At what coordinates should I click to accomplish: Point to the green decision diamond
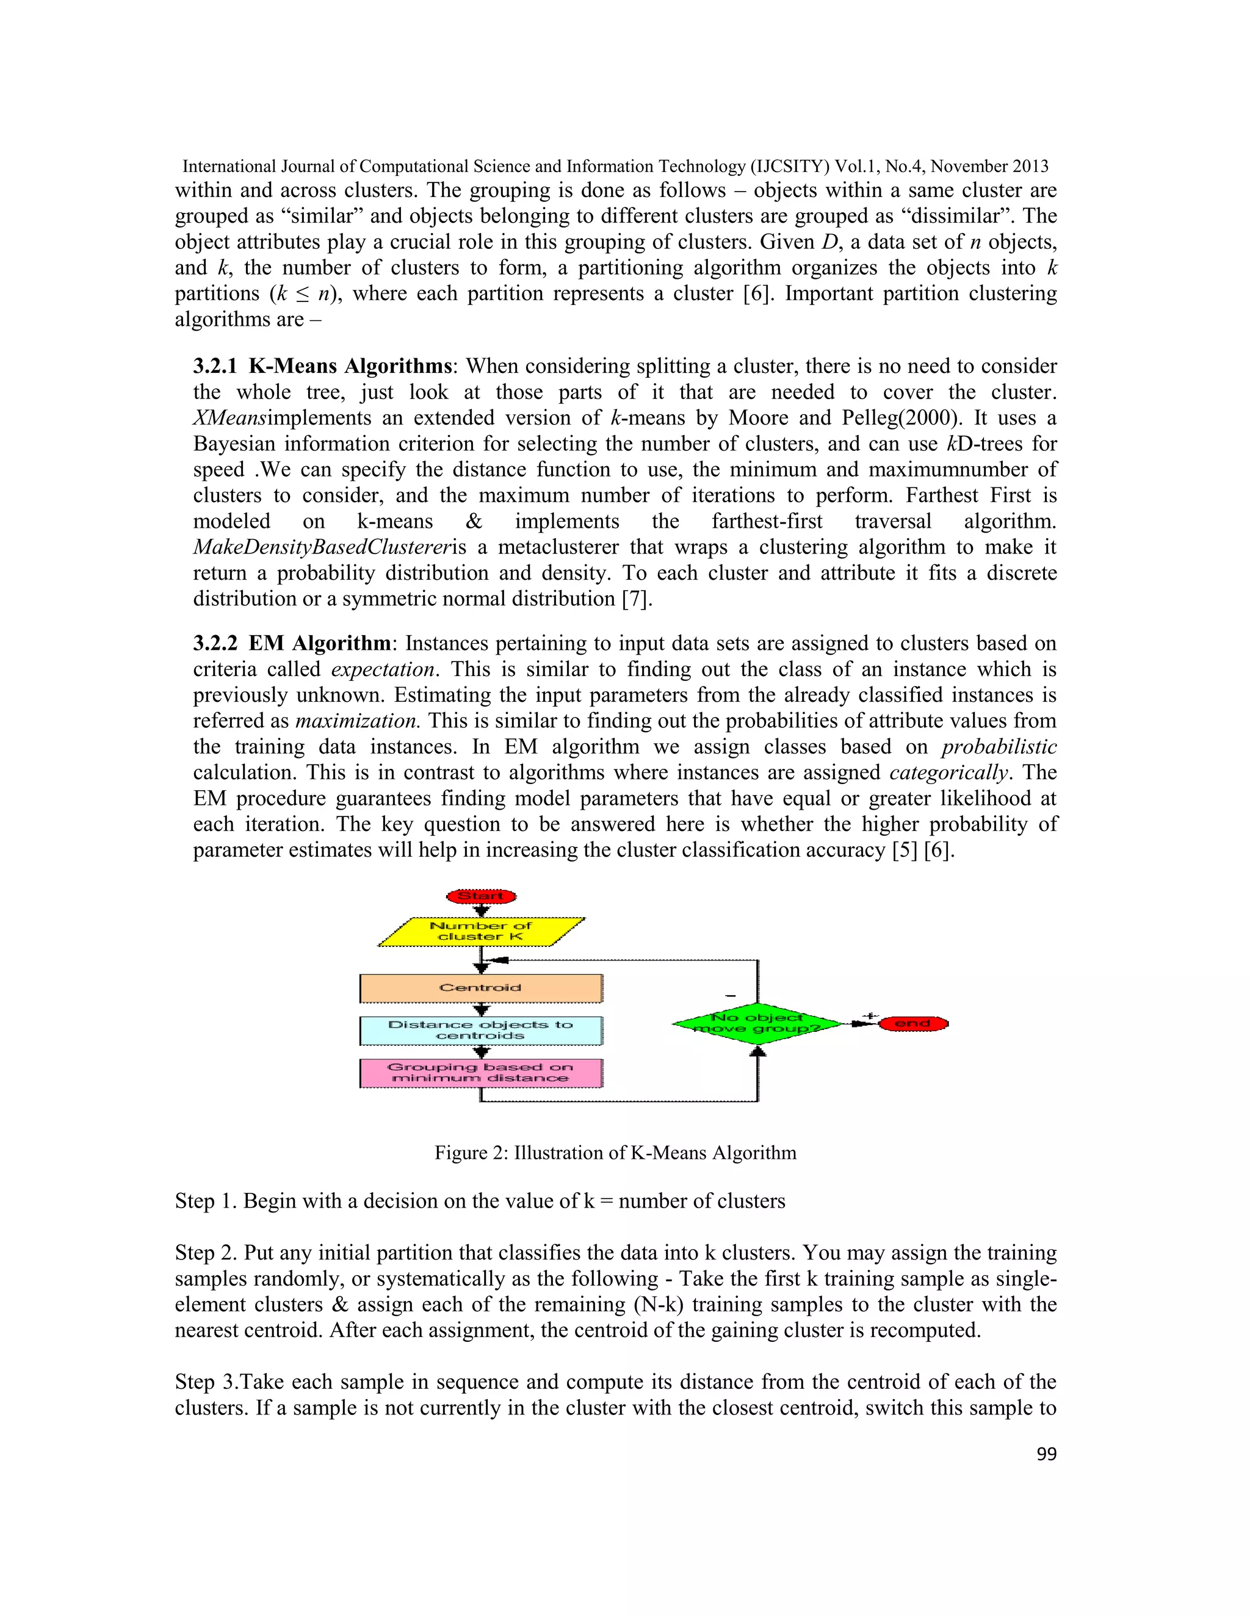pyautogui.click(x=757, y=1024)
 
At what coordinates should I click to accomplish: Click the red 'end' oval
pyautogui.click(x=912, y=1024)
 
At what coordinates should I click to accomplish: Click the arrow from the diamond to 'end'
pyautogui.click(x=861, y=1024)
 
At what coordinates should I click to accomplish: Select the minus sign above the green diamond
pyautogui.click(x=730, y=996)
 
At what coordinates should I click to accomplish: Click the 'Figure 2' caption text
pyautogui.click(x=615, y=1153)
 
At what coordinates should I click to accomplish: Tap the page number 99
pyautogui.click(x=1046, y=1454)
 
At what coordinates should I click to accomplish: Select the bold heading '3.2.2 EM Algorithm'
pyautogui.click(x=292, y=643)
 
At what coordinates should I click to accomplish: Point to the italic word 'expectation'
pyautogui.click(x=382, y=669)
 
